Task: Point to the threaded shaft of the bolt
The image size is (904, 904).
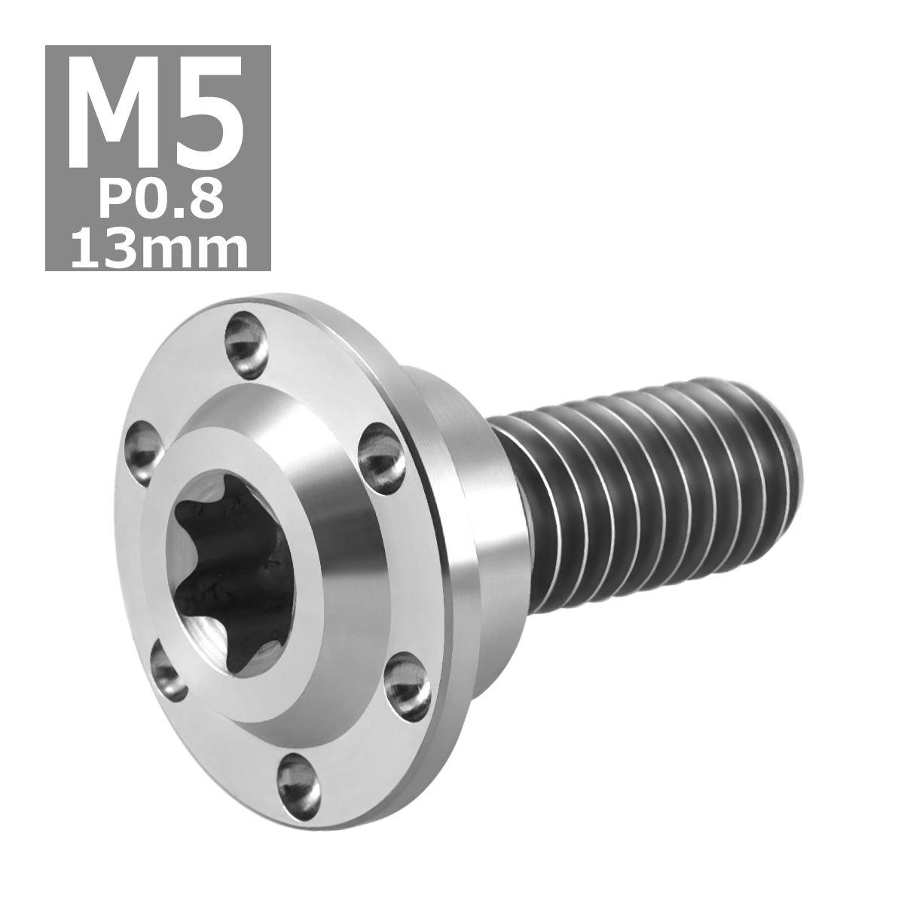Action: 640,512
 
